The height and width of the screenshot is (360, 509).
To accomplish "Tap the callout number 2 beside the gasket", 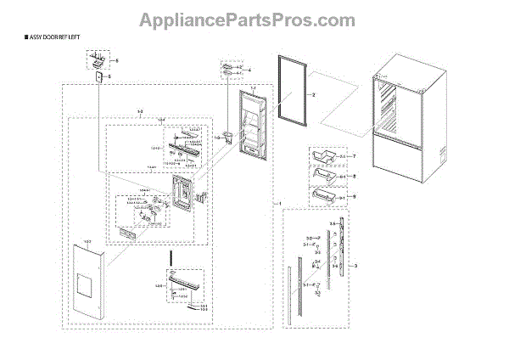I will pyautogui.click(x=312, y=96).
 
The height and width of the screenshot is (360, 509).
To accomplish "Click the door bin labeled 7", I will pyautogui.click(x=324, y=158).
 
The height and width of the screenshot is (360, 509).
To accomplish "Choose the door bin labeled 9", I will pyautogui.click(x=327, y=198).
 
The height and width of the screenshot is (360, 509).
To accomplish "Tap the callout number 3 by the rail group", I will pyautogui.click(x=355, y=267).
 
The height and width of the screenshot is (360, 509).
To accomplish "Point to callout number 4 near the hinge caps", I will pyautogui.click(x=249, y=69).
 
